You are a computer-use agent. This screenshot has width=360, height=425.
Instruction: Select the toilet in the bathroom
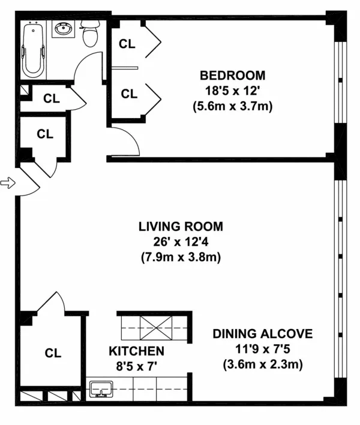(x=90, y=35)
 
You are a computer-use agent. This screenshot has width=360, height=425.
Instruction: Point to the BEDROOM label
(x=232, y=76)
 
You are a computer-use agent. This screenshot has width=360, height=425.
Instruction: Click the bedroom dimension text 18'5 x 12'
(x=232, y=91)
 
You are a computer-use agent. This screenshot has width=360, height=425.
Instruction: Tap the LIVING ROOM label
(x=181, y=227)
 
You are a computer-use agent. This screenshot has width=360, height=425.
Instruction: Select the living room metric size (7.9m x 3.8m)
(x=181, y=258)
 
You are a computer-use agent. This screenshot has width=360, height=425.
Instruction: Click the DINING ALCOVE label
(x=262, y=334)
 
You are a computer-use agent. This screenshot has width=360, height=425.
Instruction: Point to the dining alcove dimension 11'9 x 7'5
(x=262, y=349)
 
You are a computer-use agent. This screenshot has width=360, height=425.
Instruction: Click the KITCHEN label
(x=136, y=351)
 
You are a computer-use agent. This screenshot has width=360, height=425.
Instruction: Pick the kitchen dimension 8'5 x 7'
(x=136, y=366)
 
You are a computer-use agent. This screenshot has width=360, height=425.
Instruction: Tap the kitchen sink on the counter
(x=101, y=390)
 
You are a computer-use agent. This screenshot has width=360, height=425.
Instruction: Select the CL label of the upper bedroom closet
(x=127, y=43)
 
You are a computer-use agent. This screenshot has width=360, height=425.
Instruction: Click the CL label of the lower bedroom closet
(x=128, y=94)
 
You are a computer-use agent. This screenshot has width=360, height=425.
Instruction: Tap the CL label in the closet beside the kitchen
(x=53, y=354)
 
